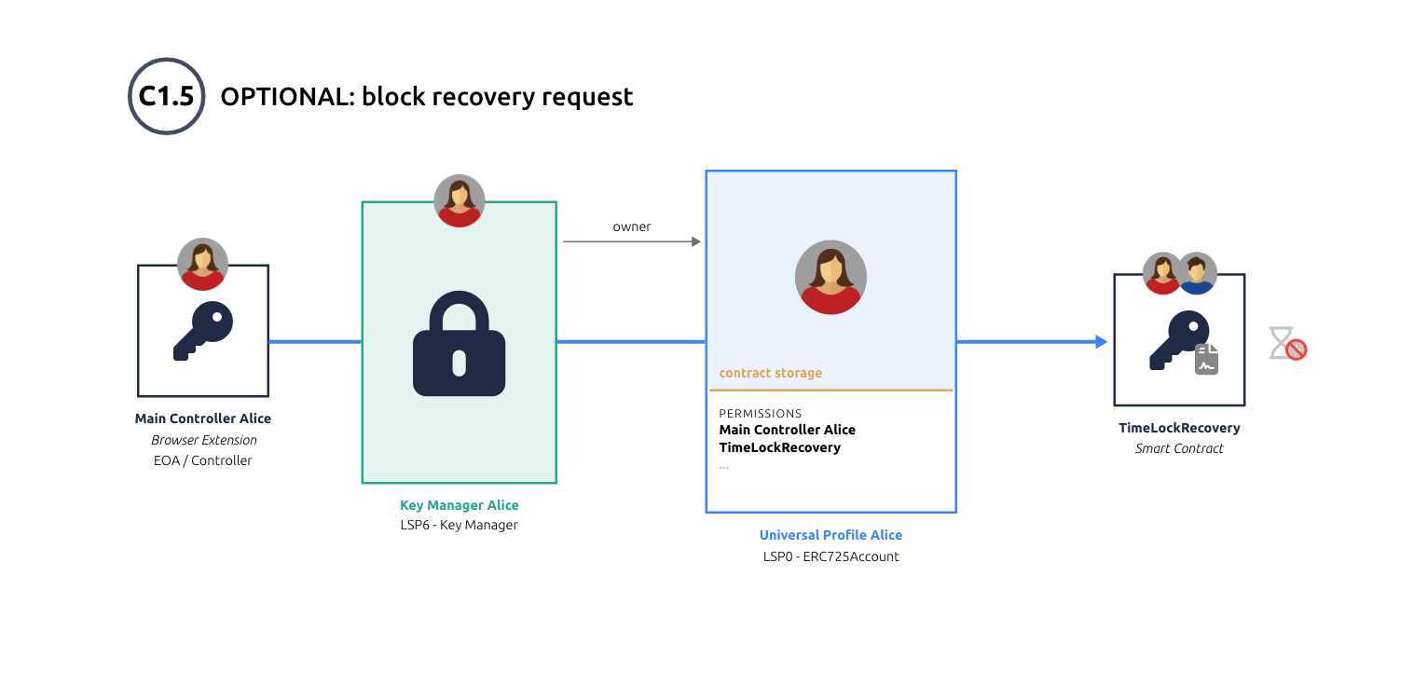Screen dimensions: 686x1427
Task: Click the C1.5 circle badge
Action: pos(166,96)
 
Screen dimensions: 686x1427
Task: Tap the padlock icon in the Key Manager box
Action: pos(459,345)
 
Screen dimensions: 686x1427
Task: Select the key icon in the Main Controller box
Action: pos(203,330)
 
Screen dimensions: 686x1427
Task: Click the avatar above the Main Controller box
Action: pos(203,264)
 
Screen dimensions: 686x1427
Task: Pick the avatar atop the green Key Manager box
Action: pos(460,200)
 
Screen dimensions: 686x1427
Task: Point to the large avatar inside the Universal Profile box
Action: pos(830,277)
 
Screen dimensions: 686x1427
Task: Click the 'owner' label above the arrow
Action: pos(632,226)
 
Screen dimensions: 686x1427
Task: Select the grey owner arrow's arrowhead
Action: pos(695,242)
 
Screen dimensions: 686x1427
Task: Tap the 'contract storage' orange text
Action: pos(771,373)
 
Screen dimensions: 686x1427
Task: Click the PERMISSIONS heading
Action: pos(761,413)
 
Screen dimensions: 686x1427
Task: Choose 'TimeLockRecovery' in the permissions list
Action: pos(780,447)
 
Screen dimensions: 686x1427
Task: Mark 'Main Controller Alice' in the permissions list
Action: pos(788,430)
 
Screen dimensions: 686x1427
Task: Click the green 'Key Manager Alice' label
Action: pos(460,505)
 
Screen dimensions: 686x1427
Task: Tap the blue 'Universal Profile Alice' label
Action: pos(830,535)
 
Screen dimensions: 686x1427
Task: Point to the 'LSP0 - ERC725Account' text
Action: pos(830,556)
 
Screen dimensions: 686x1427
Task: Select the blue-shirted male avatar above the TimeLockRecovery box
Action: pos(1197,273)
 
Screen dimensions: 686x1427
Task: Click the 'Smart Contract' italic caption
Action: pos(1179,448)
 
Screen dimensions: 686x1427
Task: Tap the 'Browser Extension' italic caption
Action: pos(204,440)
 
